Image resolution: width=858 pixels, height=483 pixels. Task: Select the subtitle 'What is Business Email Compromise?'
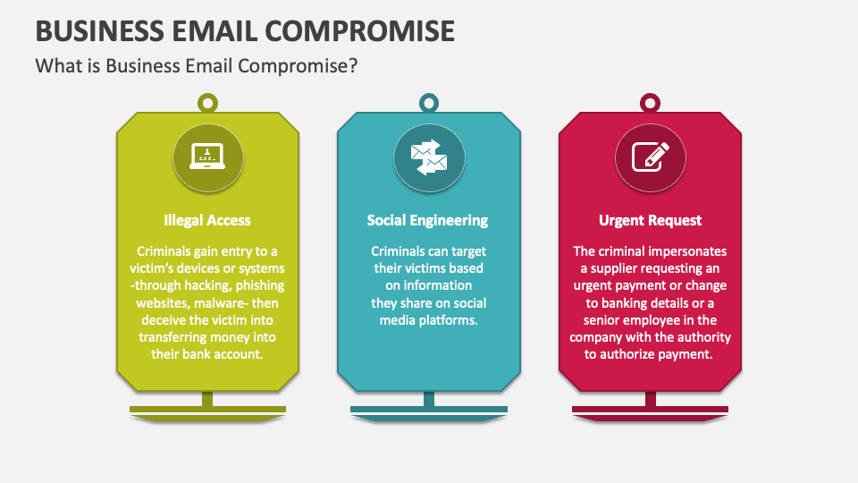[197, 65]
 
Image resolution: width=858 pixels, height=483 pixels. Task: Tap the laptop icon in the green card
[207, 156]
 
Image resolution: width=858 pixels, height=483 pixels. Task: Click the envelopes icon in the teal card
[429, 157]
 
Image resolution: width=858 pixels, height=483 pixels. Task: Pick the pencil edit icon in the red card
[650, 157]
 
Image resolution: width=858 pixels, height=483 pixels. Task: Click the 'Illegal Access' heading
[207, 220]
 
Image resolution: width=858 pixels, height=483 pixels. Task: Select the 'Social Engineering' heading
[427, 220]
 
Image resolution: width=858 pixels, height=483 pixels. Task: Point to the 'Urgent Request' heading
[650, 220]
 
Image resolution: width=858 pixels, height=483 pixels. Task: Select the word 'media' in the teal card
[397, 320]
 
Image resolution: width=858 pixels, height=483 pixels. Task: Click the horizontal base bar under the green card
[207, 409]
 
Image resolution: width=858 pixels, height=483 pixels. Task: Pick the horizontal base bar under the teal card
[429, 409]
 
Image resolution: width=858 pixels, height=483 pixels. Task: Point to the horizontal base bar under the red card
[650, 409]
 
